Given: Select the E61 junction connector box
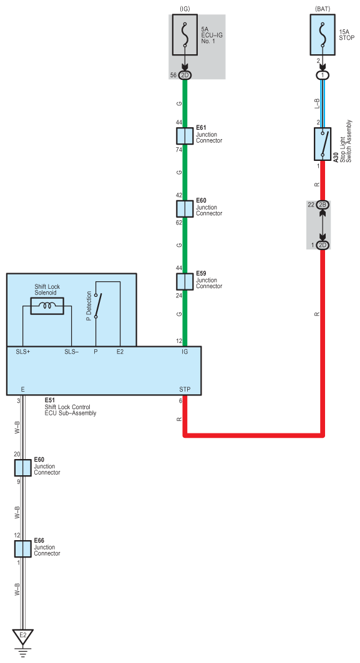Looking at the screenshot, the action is click(185, 136).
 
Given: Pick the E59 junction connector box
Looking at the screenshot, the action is click(185, 281).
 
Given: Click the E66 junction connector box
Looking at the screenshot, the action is click(23, 549).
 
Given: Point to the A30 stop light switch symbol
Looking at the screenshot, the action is click(323, 144).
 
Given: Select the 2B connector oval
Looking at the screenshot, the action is click(323, 205).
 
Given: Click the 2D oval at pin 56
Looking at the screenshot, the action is click(185, 75).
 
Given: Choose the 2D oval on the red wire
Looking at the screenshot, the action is click(323, 245).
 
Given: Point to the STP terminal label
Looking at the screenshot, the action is click(185, 389).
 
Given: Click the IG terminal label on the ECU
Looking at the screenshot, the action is click(185, 351).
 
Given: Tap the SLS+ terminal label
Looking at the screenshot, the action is click(23, 351).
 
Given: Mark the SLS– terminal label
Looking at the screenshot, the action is click(72, 351).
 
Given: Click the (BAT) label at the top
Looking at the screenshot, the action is click(323, 9).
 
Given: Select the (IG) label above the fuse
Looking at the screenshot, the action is click(185, 9).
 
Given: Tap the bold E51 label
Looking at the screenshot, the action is click(50, 400).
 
